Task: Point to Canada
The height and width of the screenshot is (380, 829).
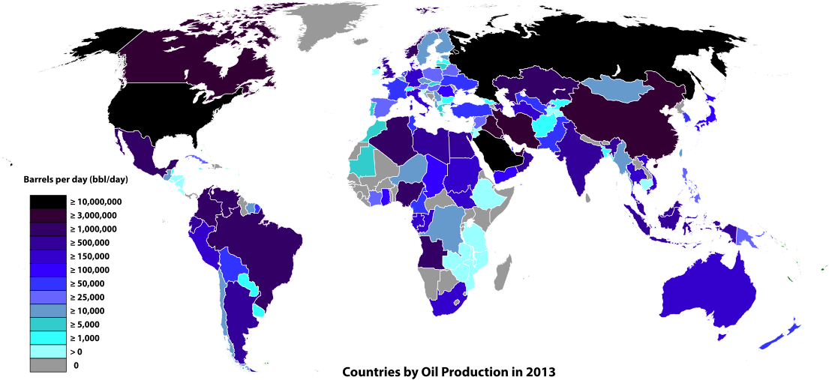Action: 180,64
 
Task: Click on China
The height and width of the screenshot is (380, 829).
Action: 623,120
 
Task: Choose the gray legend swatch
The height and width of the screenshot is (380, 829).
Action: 48,365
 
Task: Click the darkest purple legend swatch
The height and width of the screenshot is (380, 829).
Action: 48,216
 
